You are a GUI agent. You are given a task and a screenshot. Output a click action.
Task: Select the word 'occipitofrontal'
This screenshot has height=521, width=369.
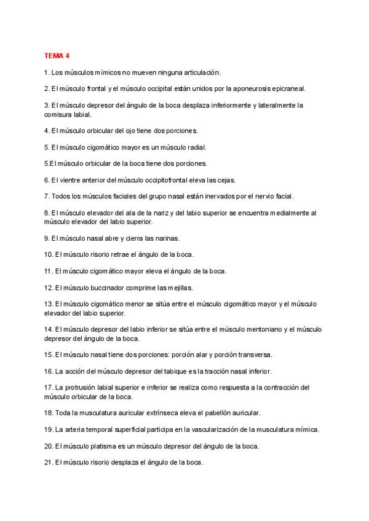tap(175, 180)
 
